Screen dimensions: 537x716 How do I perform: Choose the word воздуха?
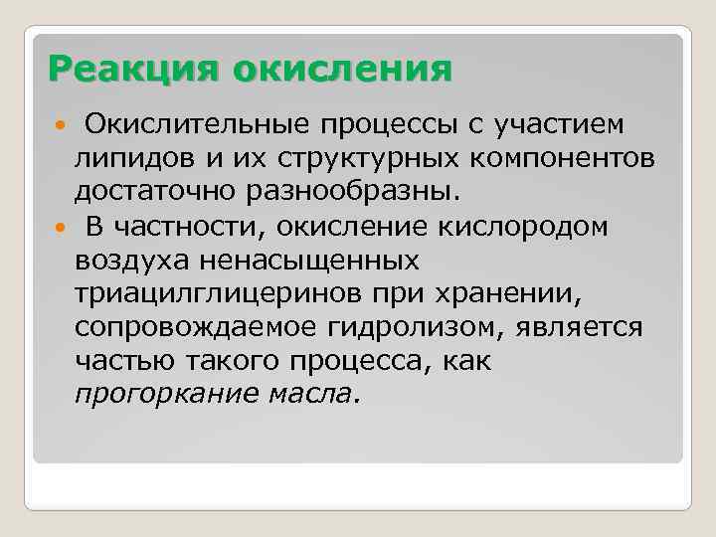pyautogui.click(x=135, y=261)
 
